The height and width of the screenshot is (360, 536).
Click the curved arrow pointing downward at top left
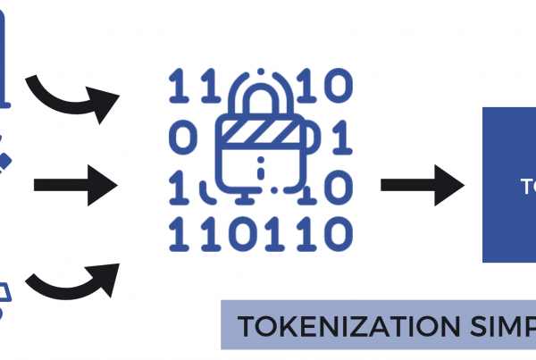73,97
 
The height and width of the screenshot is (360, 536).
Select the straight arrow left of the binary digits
75,186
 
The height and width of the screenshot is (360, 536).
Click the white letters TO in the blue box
528,186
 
